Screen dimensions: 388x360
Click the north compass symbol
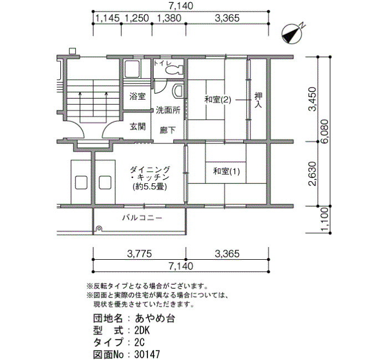point(292,34)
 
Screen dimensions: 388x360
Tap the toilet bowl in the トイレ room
point(174,70)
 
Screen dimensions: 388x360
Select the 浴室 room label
point(137,96)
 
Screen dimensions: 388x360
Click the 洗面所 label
point(168,110)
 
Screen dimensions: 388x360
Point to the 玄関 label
point(137,127)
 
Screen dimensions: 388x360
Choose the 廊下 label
point(168,130)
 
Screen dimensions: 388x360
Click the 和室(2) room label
point(218,100)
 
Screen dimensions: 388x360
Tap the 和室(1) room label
point(226,171)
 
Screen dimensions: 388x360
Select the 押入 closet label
point(258,100)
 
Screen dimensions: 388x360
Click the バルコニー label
point(142,218)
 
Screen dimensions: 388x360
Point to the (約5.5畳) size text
point(150,187)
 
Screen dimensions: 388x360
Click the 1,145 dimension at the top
point(107,18)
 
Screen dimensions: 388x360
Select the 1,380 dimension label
point(169,18)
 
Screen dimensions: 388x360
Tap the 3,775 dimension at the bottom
point(139,254)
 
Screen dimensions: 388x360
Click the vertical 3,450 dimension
point(313,99)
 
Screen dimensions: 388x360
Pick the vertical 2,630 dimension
point(313,173)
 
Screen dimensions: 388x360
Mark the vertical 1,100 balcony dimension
point(324,219)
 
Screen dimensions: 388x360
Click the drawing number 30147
point(147,354)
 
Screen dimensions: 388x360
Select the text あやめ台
point(155,318)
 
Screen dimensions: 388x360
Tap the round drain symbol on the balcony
point(99,228)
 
